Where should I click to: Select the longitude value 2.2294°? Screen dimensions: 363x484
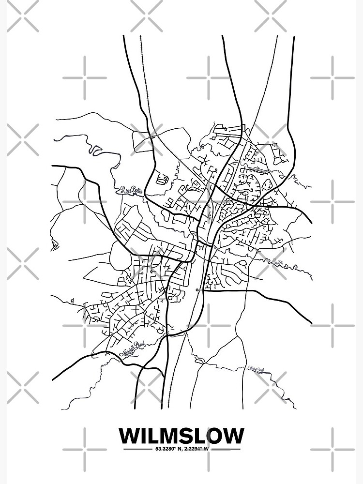(193, 448)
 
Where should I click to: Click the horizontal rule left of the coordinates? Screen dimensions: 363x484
(137, 448)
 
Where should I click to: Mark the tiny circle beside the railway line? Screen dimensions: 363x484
(197, 289)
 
